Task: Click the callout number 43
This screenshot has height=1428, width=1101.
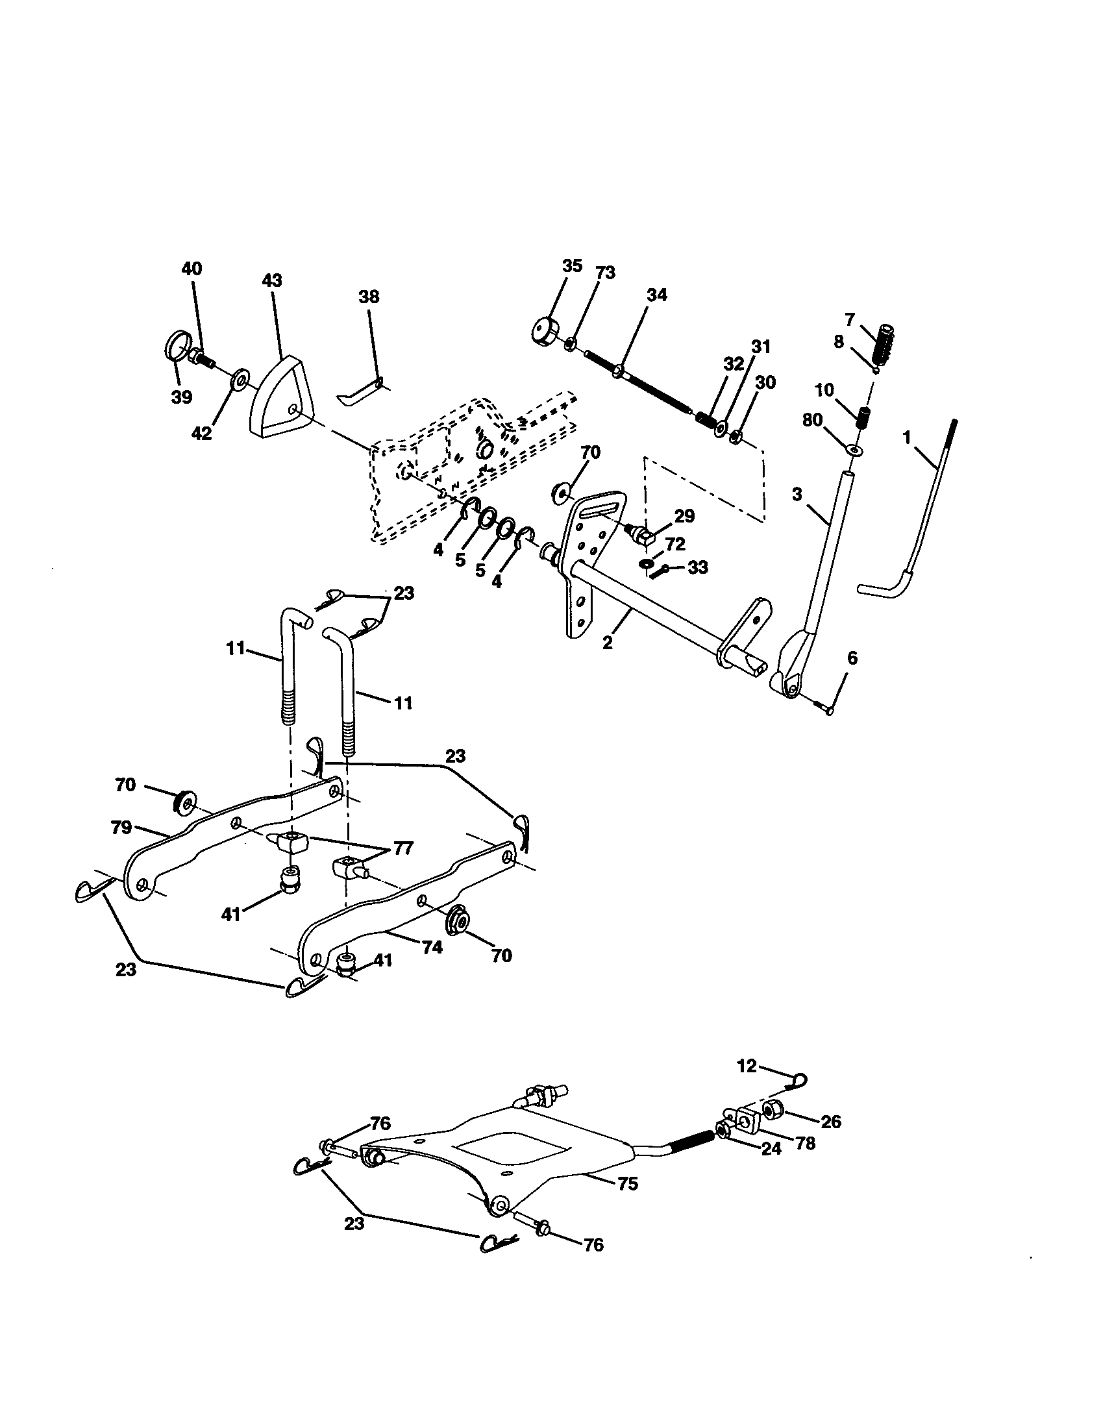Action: pos(271,280)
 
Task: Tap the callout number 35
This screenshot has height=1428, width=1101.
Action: pos(571,265)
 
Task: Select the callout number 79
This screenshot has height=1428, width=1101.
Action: pos(121,828)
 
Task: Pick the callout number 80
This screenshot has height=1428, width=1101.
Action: pos(812,421)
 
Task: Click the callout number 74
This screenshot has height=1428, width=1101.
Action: pos(432,948)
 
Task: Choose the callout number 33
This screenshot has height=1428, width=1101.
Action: pos(698,567)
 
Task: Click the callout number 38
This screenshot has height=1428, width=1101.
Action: pos(369,297)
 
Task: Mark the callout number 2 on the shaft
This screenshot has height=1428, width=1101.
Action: pos(608,643)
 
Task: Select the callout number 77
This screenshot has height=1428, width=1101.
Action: pos(402,849)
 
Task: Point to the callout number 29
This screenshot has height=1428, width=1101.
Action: pos(684,516)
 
